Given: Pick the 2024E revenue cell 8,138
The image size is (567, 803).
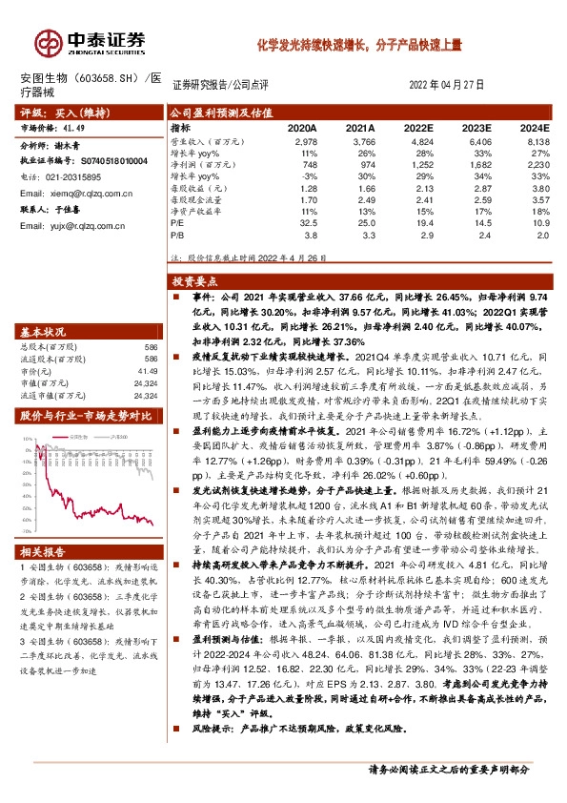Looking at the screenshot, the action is click(x=536, y=139).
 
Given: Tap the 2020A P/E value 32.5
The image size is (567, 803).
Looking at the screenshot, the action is click(x=306, y=221).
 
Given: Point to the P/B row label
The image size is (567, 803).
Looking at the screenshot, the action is click(x=176, y=233).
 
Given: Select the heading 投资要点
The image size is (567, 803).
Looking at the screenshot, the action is click(x=190, y=282).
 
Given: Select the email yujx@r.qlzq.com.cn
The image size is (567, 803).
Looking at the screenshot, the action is click(x=79, y=225).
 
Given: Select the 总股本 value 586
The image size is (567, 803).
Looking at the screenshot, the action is click(x=150, y=347).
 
